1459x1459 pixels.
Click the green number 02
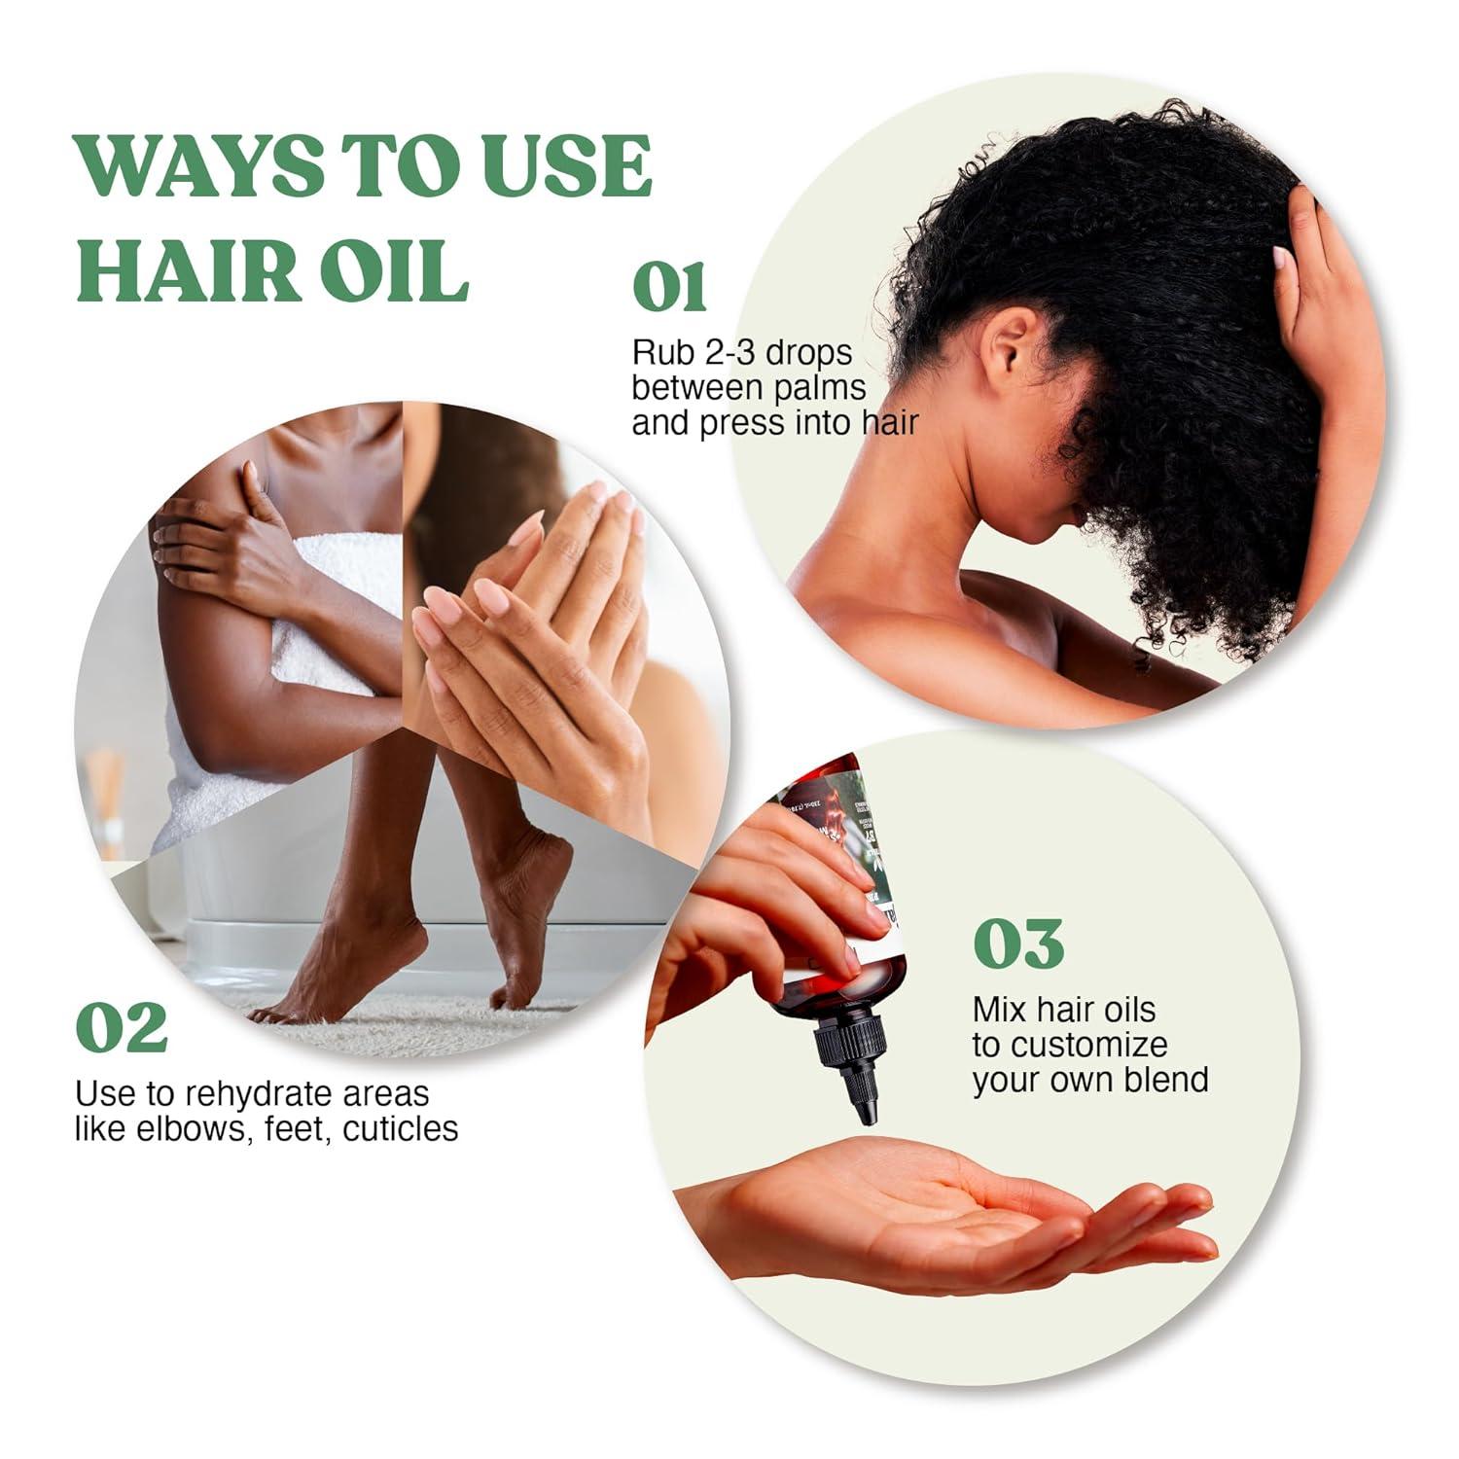pos(122,1028)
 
